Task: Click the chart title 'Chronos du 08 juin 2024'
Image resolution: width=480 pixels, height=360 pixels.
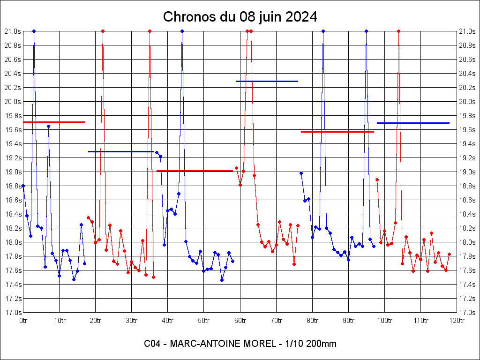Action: click(240, 17)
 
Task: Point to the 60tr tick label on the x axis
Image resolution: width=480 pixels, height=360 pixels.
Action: click(240, 321)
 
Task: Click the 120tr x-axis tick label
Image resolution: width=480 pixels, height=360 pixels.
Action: click(457, 321)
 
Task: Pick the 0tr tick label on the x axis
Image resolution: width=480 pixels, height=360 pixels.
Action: click(23, 321)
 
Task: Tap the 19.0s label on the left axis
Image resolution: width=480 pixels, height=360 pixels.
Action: click(13, 172)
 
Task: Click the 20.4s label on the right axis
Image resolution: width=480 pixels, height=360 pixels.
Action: click(467, 74)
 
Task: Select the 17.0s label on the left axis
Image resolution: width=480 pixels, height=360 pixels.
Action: click(13, 313)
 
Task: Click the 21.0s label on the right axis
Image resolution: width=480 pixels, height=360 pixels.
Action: click(467, 31)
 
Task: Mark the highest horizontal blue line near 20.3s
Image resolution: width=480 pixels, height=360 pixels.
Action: click(267, 81)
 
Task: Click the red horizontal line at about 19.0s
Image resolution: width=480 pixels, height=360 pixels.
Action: click(195, 171)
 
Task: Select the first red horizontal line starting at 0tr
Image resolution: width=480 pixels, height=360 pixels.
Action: click(54, 122)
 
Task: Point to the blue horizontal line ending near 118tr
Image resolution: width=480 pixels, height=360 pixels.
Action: click(413, 123)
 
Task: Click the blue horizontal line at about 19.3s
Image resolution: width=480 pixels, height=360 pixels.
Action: click(121, 151)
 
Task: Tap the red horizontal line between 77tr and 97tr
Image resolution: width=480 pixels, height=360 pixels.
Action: click(337, 132)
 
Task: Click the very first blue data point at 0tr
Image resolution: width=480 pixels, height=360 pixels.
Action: click(23, 186)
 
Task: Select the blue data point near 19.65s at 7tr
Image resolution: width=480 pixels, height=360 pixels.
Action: click(48, 126)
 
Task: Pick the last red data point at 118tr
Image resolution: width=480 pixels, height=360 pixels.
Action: click(449, 254)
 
